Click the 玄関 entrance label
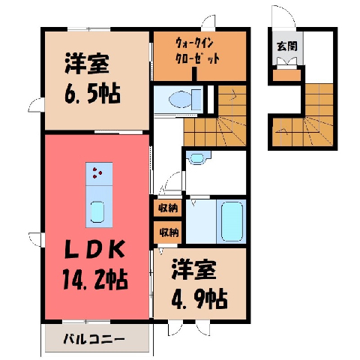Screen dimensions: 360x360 point(287,46)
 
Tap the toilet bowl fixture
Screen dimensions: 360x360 point(184,100)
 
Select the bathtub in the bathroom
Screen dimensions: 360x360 point(232,221)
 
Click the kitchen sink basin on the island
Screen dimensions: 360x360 point(97,212)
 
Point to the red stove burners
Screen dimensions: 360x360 point(97,172)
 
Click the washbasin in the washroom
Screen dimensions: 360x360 point(197,158)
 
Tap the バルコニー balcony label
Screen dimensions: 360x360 point(94,339)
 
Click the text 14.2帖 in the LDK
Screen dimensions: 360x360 point(95,280)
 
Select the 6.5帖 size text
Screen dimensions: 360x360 point(92,94)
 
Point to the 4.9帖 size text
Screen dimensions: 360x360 point(199,299)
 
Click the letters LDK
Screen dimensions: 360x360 point(94,249)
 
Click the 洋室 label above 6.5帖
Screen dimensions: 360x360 point(87,63)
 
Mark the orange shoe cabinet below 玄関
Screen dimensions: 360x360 point(286,75)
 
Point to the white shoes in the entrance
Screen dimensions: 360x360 point(286,62)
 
